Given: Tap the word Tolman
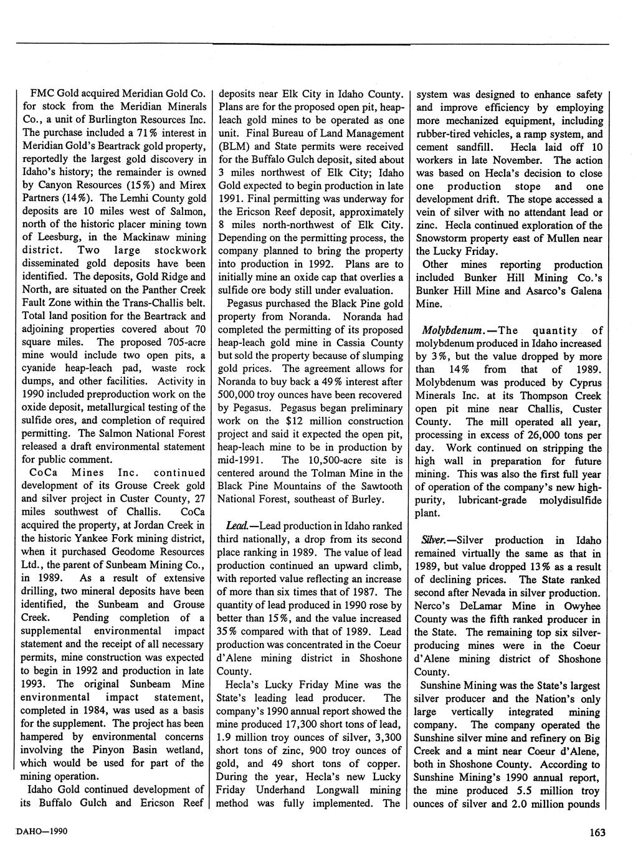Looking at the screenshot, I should point(310,474).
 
